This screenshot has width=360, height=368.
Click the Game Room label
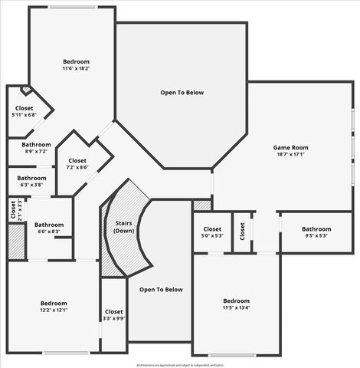click(290, 147)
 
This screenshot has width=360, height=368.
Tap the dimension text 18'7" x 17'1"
click(290, 154)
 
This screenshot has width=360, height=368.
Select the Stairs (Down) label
click(124, 227)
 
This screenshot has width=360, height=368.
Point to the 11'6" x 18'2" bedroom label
click(76, 64)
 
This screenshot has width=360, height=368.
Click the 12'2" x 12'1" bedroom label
click(54, 306)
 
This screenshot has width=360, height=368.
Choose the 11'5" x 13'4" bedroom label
click(236, 304)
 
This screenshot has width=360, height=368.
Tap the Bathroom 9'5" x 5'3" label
click(316, 232)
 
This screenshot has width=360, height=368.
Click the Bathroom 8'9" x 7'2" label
click(36, 148)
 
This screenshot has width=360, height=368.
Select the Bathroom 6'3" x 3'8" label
click(32, 181)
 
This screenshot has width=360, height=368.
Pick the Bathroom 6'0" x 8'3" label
click(48, 228)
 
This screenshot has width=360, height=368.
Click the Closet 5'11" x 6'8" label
click(25, 112)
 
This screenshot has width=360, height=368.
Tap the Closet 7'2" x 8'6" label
click(77, 164)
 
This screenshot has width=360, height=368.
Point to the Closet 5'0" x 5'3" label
click(212, 232)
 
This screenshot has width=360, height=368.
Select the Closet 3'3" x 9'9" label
click(113, 315)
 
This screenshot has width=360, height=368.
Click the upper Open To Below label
click(182, 93)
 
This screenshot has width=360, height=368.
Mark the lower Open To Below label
click(161, 289)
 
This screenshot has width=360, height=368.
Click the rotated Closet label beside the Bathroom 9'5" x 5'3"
click(242, 231)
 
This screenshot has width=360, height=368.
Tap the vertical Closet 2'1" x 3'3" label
click(14, 209)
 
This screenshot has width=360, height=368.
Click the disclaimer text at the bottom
click(180, 365)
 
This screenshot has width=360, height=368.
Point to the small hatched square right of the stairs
click(202, 205)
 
